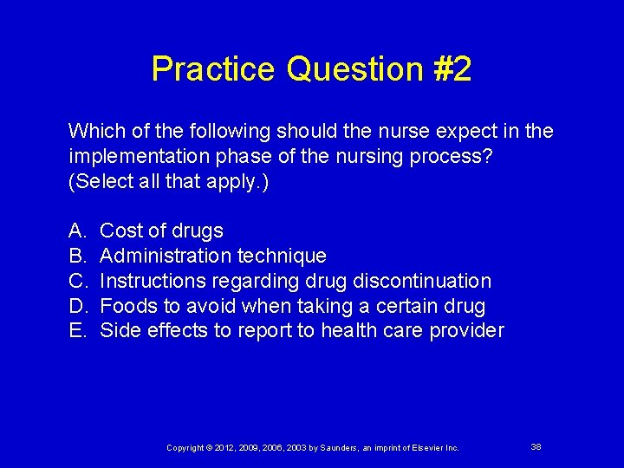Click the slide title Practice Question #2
311,69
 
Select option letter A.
75,231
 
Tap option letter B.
75,256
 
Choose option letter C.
76,281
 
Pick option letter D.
76,306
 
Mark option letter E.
75,330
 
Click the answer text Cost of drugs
161,231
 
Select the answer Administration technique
213,256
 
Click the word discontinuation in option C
424,281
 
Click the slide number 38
536,446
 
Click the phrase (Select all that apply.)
168,182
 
